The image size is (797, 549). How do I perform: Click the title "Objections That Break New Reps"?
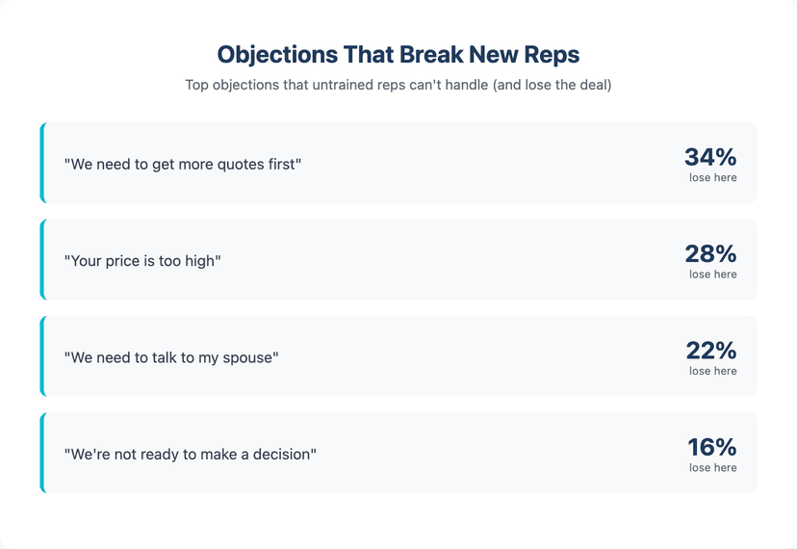pos(398,54)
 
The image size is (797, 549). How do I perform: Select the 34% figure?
pos(710,157)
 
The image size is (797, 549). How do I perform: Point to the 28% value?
pos(710,253)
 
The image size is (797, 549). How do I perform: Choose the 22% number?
pos(710,351)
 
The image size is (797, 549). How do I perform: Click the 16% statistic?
pos(711,447)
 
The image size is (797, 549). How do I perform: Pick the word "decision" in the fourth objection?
pos(280,454)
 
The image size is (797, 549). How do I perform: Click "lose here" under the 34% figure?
pos(712,177)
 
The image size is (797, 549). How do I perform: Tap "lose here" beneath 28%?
pos(712,274)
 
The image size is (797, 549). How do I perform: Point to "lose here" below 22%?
pos(712,371)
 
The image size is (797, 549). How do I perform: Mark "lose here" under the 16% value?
pos(712,468)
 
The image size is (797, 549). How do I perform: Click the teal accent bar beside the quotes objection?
pos(42,163)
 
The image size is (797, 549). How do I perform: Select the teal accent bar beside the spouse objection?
pos(42,356)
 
